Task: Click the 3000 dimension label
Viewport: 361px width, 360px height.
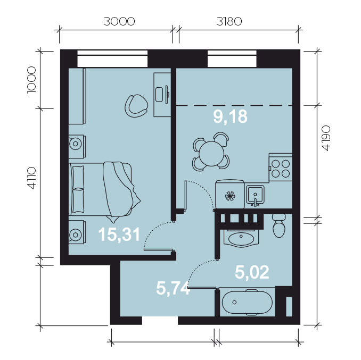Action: [x=119, y=22]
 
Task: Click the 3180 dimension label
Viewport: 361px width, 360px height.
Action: [x=229, y=22]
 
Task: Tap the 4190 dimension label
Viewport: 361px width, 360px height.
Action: [x=326, y=138]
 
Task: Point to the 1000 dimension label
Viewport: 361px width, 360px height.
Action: [x=31, y=80]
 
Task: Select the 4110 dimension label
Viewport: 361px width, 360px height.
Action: [x=31, y=178]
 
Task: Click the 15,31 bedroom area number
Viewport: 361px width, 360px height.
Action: [x=119, y=235]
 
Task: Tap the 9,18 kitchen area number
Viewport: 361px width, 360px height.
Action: [x=230, y=116]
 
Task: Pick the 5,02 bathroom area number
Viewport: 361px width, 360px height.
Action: [x=252, y=272]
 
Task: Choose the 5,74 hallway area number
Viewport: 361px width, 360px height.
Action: [x=173, y=288]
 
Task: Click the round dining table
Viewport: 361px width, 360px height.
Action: [x=211, y=154]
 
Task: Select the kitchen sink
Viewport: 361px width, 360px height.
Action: [x=255, y=196]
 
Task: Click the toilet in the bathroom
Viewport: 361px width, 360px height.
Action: [x=279, y=225]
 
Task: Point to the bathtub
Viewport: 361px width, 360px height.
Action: [x=247, y=302]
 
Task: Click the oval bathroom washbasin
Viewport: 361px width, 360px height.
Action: [x=241, y=238]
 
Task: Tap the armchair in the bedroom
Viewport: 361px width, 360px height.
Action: [x=136, y=106]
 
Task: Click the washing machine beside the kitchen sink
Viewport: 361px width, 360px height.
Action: [x=230, y=195]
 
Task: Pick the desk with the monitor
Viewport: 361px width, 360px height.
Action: [x=162, y=95]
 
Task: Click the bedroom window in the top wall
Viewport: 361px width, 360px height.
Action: [x=112, y=58]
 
